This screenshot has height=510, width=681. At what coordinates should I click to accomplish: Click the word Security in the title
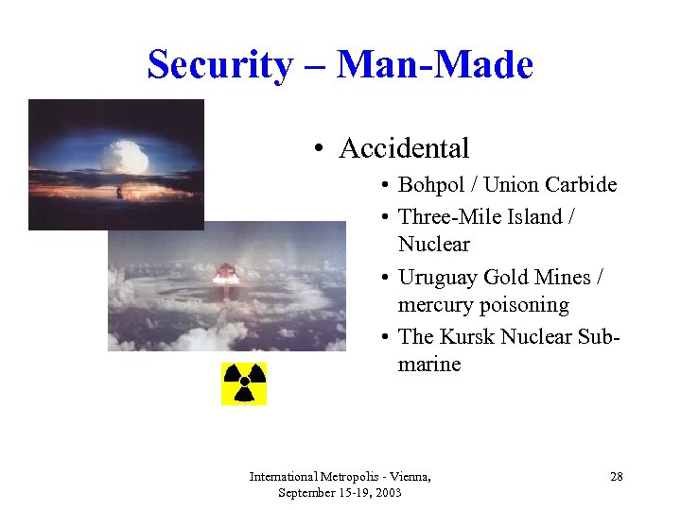pyautogui.click(x=220, y=65)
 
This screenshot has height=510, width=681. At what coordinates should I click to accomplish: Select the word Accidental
pyautogui.click(x=404, y=148)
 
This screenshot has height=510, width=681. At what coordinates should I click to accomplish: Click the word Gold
pyautogui.click(x=506, y=278)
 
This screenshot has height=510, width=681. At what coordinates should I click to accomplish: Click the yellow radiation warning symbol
pyautogui.click(x=244, y=383)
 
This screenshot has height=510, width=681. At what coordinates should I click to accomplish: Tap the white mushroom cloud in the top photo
pyautogui.click(x=127, y=156)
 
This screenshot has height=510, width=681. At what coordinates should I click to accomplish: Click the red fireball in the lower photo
pyautogui.click(x=226, y=275)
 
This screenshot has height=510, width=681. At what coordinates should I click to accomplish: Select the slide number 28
pyautogui.click(x=616, y=477)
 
